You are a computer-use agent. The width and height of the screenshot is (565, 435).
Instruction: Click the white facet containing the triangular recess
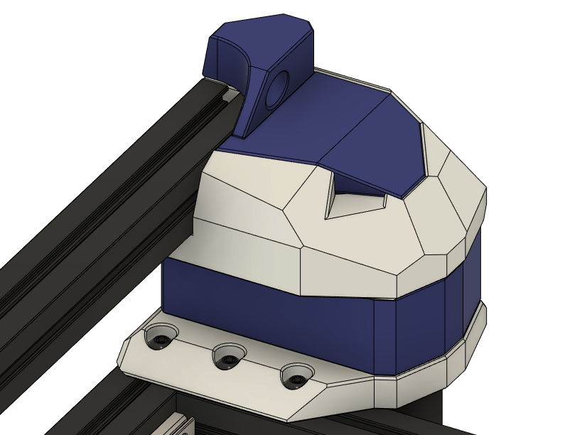(355, 227)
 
